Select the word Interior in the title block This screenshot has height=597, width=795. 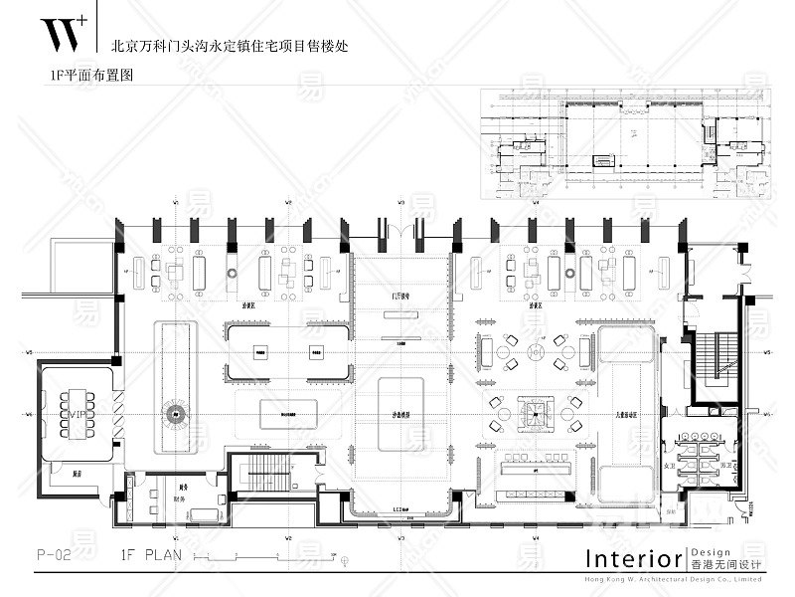[633, 556]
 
